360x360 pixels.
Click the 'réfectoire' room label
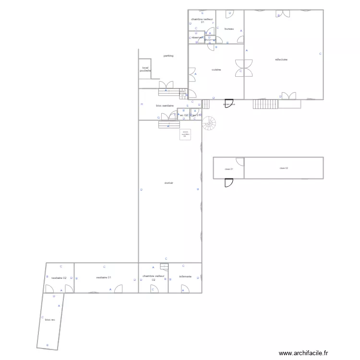(x=281, y=60)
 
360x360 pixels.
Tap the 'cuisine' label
(x=216, y=70)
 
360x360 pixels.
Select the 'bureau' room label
(x=229, y=29)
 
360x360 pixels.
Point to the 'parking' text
(x=168, y=56)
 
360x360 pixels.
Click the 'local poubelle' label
(x=145, y=69)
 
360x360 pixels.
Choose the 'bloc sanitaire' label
(x=165, y=106)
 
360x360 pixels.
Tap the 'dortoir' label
(x=168, y=183)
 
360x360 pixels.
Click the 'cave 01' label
(x=228, y=169)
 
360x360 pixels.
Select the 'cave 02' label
(x=284, y=168)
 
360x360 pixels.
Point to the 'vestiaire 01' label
(x=104, y=277)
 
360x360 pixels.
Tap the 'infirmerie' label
(x=185, y=276)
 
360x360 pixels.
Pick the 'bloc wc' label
(x=50, y=319)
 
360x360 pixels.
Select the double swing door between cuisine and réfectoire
(x=244, y=67)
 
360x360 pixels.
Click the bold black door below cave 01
(x=229, y=182)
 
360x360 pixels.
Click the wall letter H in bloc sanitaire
(x=142, y=104)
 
